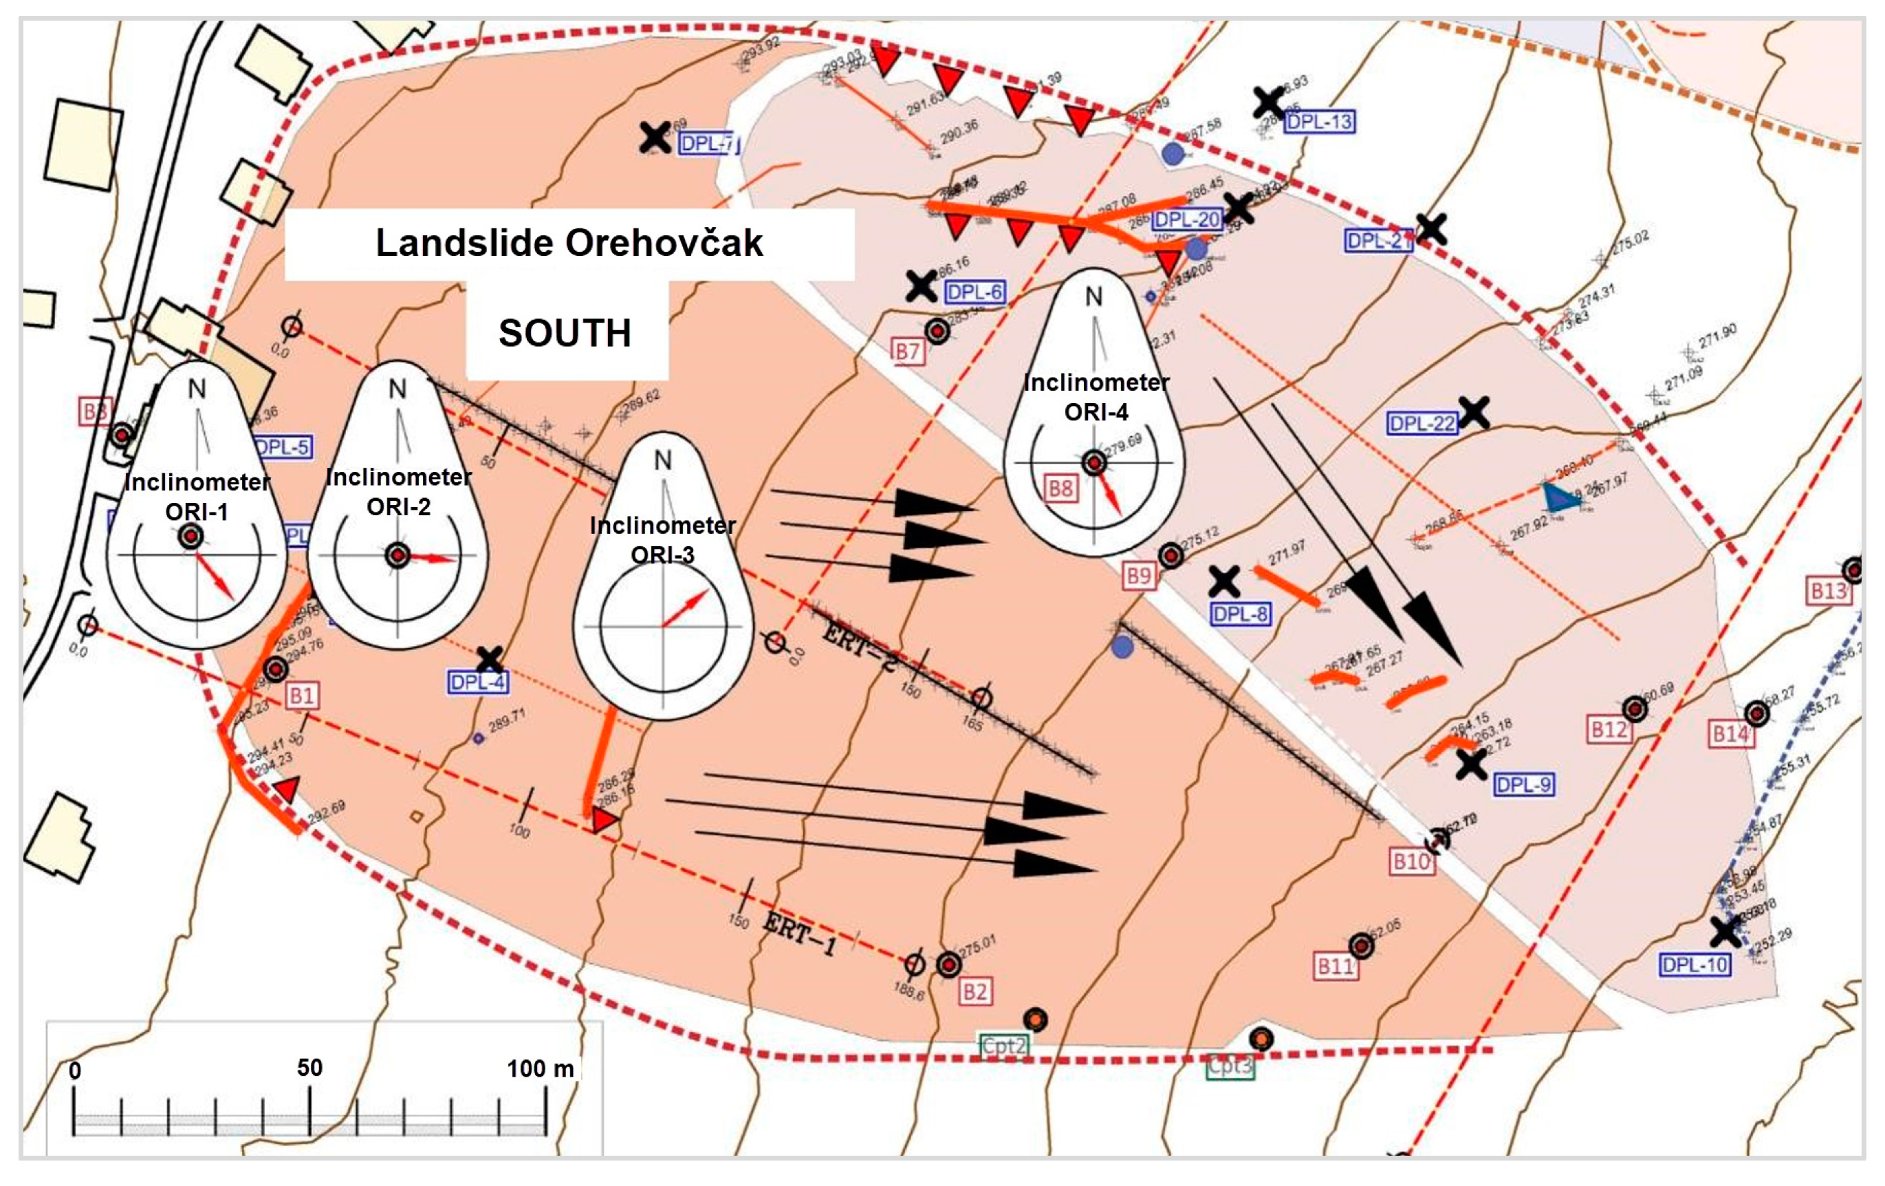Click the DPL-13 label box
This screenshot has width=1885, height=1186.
point(1319,121)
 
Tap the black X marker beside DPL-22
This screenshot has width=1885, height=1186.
point(1473,412)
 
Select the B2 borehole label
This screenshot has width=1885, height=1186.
point(974,992)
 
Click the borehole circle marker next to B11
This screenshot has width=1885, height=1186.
point(1361,946)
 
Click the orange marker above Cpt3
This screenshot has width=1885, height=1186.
point(1261,1039)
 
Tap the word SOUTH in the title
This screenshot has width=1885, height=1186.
point(565,333)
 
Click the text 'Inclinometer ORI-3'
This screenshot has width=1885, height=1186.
point(662,539)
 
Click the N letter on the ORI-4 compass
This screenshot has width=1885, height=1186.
point(1093,296)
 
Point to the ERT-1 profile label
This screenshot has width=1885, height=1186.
point(798,934)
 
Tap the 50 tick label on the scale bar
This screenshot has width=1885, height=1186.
point(309,1068)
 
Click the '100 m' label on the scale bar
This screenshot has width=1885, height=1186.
point(540,1068)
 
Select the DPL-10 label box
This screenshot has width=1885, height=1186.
point(1694,964)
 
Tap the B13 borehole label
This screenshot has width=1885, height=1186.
point(1829,590)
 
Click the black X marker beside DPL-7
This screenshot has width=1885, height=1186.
point(655,138)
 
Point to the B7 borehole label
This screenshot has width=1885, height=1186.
point(907,352)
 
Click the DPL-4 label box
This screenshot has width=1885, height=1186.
point(477,682)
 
